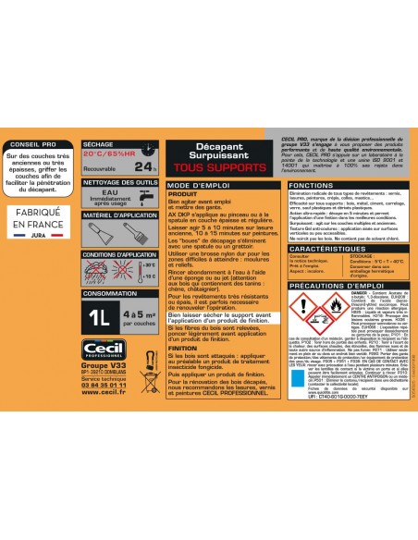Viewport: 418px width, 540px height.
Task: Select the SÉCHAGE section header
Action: tap(97, 145)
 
